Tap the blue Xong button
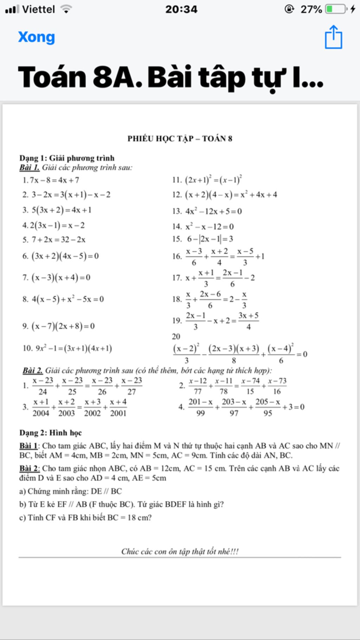point(37,37)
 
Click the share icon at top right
point(333,37)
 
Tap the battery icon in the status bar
point(336,9)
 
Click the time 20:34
point(181,9)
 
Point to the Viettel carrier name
point(38,9)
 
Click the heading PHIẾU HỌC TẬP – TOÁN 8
point(180,139)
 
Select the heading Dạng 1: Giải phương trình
point(67,158)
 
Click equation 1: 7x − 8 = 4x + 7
point(51,180)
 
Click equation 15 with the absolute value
point(203,239)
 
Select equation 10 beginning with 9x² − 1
point(67,348)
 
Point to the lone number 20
point(176,337)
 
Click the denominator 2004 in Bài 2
point(41,413)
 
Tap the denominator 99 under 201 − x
point(200,413)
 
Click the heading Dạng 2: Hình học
point(51,433)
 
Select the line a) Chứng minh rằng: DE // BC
point(71,491)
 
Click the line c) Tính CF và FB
point(85,518)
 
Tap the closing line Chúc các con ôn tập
point(180,551)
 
